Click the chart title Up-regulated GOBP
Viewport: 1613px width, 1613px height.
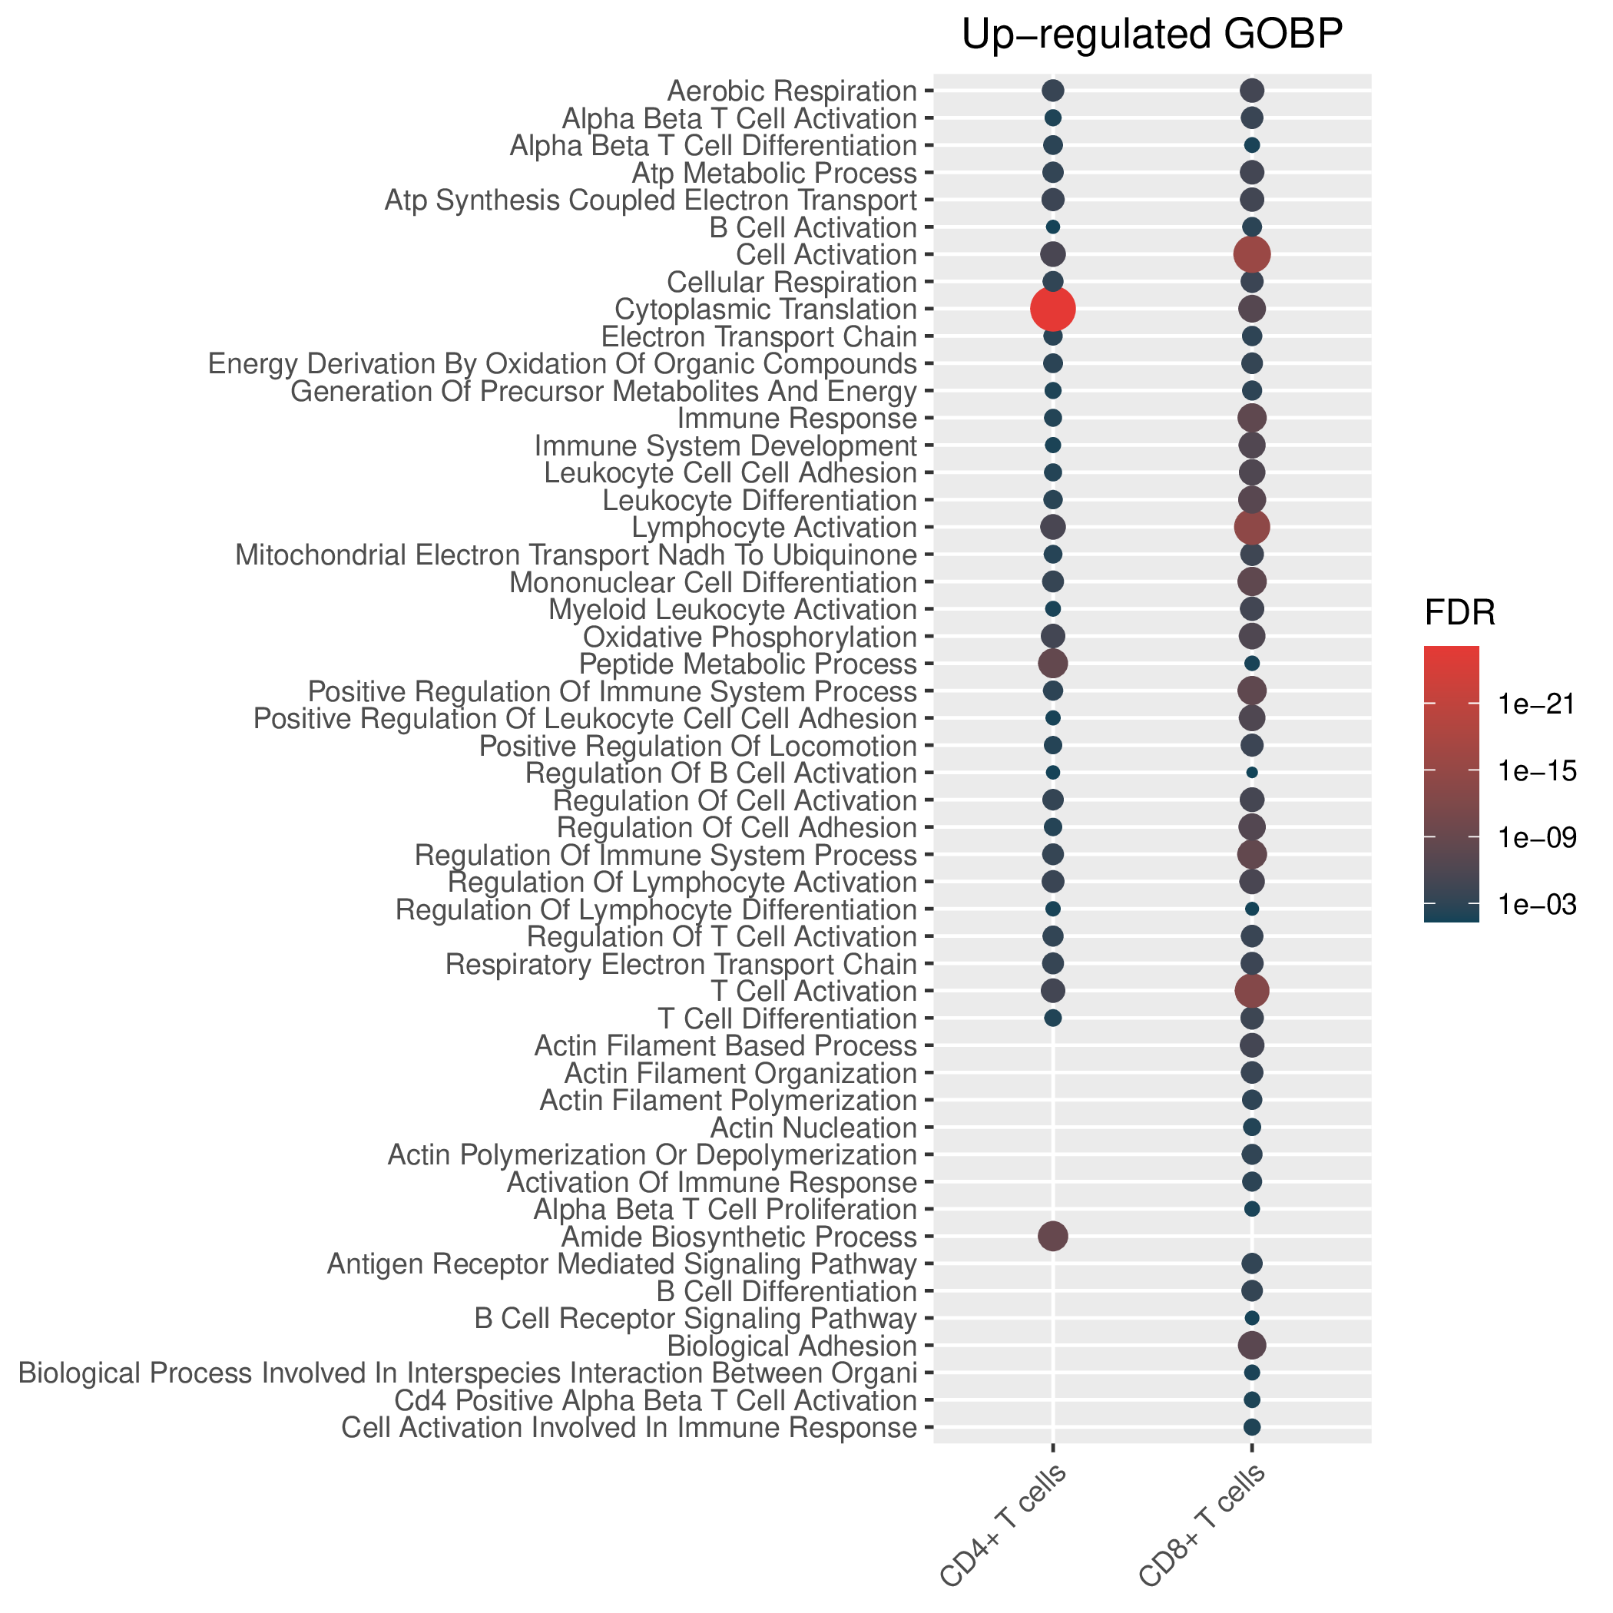(1152, 36)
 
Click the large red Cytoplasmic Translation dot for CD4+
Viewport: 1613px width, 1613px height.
(1053, 309)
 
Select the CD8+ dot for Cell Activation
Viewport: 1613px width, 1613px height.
(1251, 253)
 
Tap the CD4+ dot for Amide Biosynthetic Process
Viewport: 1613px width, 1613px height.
(1053, 1236)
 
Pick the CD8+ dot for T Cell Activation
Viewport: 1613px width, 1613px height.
(1251, 991)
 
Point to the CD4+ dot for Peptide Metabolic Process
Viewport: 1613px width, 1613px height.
(1053, 664)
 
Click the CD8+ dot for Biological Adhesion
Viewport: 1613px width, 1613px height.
(1251, 1345)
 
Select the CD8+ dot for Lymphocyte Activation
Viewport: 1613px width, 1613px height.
(1251, 527)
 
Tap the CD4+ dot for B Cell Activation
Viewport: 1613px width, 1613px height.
(1053, 227)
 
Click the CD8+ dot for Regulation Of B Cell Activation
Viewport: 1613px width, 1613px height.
(1251, 772)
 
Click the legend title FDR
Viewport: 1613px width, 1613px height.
(1459, 614)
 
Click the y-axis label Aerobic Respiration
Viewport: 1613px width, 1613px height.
(793, 90)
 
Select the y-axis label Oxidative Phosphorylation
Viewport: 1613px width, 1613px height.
(750, 637)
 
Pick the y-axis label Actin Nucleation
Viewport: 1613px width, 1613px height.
(813, 1128)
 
